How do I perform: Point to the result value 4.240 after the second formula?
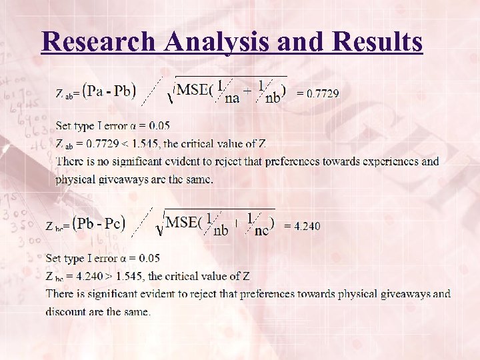(306, 226)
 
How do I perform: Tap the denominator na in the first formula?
(233, 99)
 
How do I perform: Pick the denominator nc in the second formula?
(262, 231)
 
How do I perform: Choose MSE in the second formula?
(182, 222)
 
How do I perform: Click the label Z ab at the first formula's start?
(64, 94)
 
